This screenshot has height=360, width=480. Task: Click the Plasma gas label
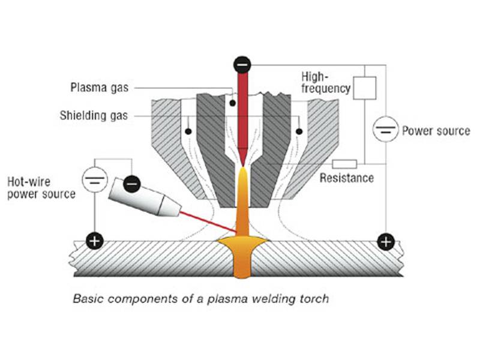point(100,88)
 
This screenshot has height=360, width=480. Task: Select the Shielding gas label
point(94,116)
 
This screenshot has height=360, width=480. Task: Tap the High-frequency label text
point(326,82)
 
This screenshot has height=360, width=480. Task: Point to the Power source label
point(436,131)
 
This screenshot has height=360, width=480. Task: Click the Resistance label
point(347,178)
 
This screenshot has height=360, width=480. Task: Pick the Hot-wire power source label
point(41,188)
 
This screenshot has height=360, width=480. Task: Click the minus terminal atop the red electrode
point(242,65)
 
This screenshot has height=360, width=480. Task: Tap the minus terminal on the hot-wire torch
point(132,184)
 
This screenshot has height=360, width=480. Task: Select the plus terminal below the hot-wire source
point(95,241)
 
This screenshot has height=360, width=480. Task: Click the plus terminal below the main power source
point(386,242)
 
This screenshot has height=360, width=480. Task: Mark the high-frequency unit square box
point(365,88)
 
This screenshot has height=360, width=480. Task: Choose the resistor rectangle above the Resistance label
point(344,164)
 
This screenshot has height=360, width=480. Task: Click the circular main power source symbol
point(386,129)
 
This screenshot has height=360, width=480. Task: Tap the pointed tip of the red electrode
point(243,166)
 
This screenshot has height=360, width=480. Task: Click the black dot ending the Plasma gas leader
point(233,103)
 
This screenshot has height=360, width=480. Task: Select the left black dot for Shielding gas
point(188,131)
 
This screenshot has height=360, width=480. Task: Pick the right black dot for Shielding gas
point(299,131)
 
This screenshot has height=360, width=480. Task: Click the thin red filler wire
point(208,221)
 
